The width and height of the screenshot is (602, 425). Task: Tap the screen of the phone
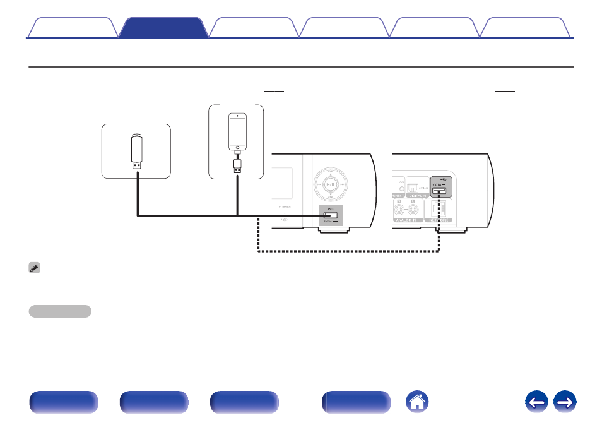237,131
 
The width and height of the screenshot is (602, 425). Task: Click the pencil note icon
35,268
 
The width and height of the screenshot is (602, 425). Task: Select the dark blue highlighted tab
163,28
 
